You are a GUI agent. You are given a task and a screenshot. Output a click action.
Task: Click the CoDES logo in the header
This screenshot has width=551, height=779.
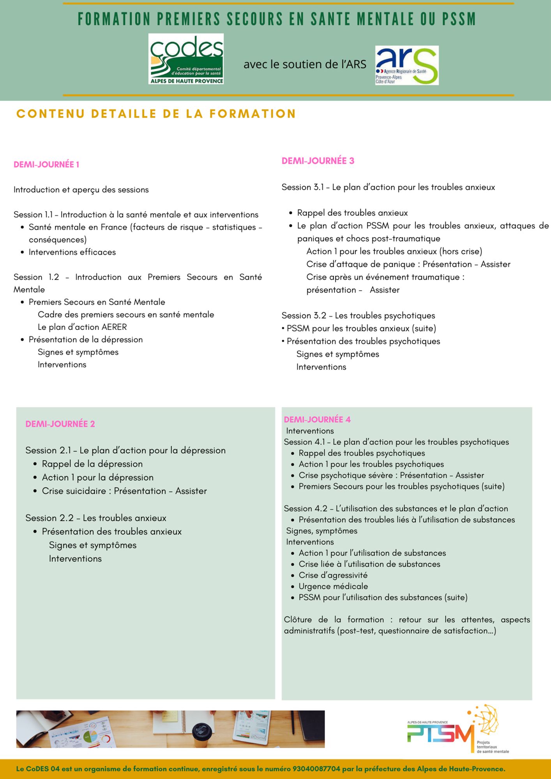click(186, 59)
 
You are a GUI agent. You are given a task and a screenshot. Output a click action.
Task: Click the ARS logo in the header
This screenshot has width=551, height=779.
click(407, 65)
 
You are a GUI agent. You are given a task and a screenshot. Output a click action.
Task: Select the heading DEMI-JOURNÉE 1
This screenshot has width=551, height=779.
click(46, 164)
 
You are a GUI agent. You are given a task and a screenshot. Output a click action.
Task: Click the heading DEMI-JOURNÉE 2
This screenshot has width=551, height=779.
click(60, 424)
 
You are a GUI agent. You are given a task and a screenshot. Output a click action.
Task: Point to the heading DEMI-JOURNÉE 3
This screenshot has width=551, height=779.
click(318, 161)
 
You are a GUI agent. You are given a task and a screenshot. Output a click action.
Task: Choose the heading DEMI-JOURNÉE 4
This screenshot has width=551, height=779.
click(317, 419)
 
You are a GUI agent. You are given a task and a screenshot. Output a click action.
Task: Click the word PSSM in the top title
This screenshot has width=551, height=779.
click(459, 19)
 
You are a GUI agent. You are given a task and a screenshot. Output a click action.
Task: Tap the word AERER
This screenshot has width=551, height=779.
click(114, 327)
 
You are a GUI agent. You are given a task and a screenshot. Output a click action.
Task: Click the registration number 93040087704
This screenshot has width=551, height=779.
click(316, 769)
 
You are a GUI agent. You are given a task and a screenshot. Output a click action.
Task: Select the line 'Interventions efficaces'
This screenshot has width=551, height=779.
click(72, 252)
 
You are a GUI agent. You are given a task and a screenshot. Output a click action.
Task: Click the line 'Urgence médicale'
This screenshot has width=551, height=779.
click(333, 586)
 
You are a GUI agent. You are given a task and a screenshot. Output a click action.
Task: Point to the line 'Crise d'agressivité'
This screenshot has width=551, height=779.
click(333, 575)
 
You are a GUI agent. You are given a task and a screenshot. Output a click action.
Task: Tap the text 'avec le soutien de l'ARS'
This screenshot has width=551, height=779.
click(305, 64)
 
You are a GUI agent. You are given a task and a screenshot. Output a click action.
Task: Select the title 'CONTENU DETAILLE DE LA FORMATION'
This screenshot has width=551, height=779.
click(156, 114)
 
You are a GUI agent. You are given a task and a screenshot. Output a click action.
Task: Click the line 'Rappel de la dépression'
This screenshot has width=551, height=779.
click(92, 464)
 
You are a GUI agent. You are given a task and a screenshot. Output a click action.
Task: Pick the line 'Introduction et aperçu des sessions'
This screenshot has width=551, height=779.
click(81, 190)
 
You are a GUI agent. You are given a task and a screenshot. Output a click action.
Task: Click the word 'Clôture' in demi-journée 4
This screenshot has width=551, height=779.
click(298, 619)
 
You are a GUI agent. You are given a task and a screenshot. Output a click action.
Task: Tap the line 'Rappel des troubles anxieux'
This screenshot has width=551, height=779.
click(352, 213)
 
